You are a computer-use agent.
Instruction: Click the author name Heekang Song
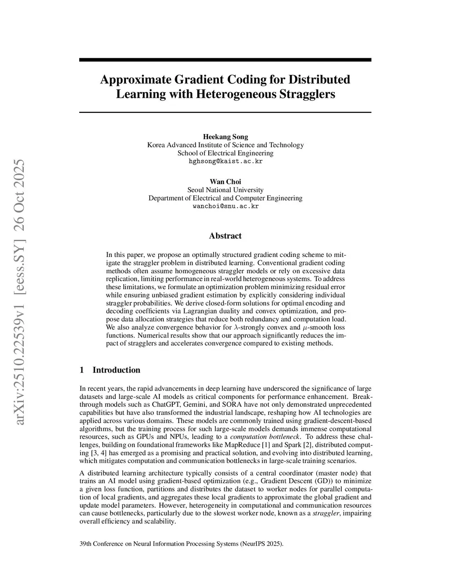[x=225, y=137]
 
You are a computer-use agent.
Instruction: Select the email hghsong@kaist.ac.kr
[x=225, y=161]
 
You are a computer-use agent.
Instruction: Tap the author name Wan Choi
[x=225, y=182]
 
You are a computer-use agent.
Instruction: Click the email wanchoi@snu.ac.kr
[x=225, y=206]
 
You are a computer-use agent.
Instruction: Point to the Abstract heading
[x=225, y=236]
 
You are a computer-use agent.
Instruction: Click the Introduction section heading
[x=116, y=370]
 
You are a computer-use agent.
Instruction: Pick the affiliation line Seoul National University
[x=225, y=190]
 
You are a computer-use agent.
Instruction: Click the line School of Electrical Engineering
[x=225, y=153]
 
